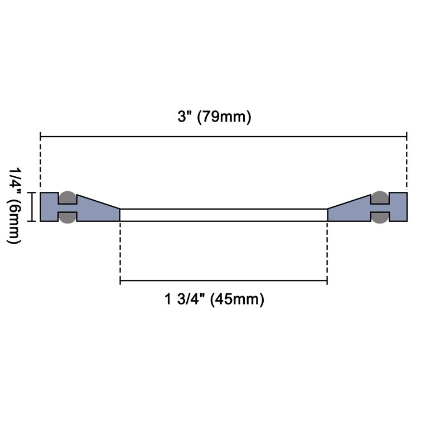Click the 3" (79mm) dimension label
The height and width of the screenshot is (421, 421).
pyautogui.click(x=211, y=117)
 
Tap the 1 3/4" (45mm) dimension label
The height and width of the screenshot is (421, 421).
pyautogui.click(x=214, y=299)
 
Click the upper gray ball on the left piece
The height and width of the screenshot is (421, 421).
pyautogui.click(x=67, y=197)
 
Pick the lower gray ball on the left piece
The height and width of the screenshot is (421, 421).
pyautogui.click(x=67, y=217)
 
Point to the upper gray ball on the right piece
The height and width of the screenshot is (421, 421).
pyautogui.click(x=380, y=197)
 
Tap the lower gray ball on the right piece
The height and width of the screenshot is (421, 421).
pyautogui.click(x=380, y=217)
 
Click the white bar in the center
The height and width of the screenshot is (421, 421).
pyautogui.click(x=223, y=215)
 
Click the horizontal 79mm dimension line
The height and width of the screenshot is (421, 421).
pyautogui.click(x=223, y=136)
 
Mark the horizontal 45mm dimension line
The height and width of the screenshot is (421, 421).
pyautogui.click(x=223, y=281)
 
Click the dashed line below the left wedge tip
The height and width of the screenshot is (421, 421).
pyautogui.click(x=120, y=251)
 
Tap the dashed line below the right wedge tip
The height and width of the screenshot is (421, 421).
pyautogui.click(x=327, y=251)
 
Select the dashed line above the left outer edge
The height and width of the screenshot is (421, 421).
pyautogui.click(x=41, y=164)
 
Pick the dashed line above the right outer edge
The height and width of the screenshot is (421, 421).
pyautogui.click(x=407, y=164)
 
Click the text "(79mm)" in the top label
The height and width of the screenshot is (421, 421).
pyautogui.click(x=225, y=117)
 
